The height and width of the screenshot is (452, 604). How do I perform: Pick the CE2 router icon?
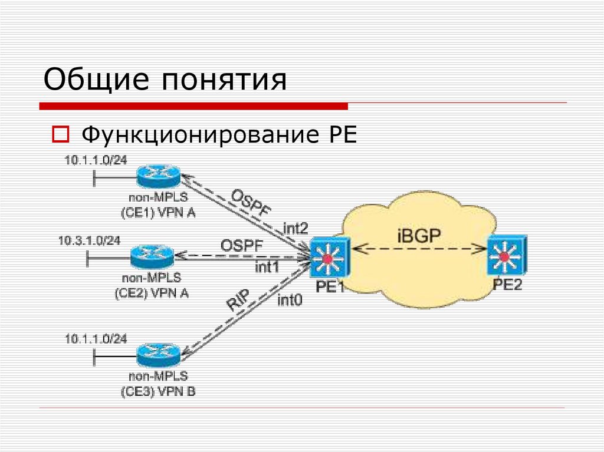pyautogui.click(x=152, y=256)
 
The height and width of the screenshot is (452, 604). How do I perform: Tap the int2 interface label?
pyautogui.click(x=295, y=228)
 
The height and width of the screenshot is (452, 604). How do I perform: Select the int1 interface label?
pyautogui.click(x=267, y=267)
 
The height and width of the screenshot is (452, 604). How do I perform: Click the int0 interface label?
pyautogui.click(x=290, y=301)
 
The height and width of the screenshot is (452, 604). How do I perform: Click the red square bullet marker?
pyautogui.click(x=60, y=135)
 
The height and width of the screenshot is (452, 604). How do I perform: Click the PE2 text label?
pyautogui.click(x=508, y=285)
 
